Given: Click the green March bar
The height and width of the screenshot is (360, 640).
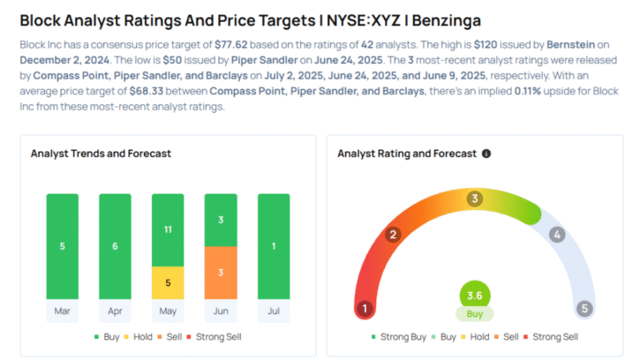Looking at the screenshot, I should tap(63, 244).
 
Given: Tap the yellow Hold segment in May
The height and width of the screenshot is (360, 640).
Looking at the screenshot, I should tap(169, 282).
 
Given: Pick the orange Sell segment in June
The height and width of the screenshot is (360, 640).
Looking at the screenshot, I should tap(222, 272).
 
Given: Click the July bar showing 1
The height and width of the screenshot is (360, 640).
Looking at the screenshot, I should tap(274, 244).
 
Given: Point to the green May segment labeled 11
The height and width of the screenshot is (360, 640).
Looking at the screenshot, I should tap(169, 229).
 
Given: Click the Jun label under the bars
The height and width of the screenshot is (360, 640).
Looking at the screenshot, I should tap(222, 311).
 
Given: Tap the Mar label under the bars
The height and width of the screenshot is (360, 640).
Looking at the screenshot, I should tap(63, 311).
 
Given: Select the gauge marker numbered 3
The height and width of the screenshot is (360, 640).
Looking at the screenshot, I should tap(474, 199).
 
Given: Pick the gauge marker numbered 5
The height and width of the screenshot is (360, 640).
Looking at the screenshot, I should tap(584, 309).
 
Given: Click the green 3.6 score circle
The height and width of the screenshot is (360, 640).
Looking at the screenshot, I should tap(474, 295).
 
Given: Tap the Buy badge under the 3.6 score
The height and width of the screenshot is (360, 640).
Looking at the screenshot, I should tap(474, 314).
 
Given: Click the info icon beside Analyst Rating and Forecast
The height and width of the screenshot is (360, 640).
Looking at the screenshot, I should tap(486, 154).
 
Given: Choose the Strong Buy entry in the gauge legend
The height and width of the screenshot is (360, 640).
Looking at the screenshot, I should tap(403, 336).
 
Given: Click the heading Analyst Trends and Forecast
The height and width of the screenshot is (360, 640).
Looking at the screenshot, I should tap(101, 154).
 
